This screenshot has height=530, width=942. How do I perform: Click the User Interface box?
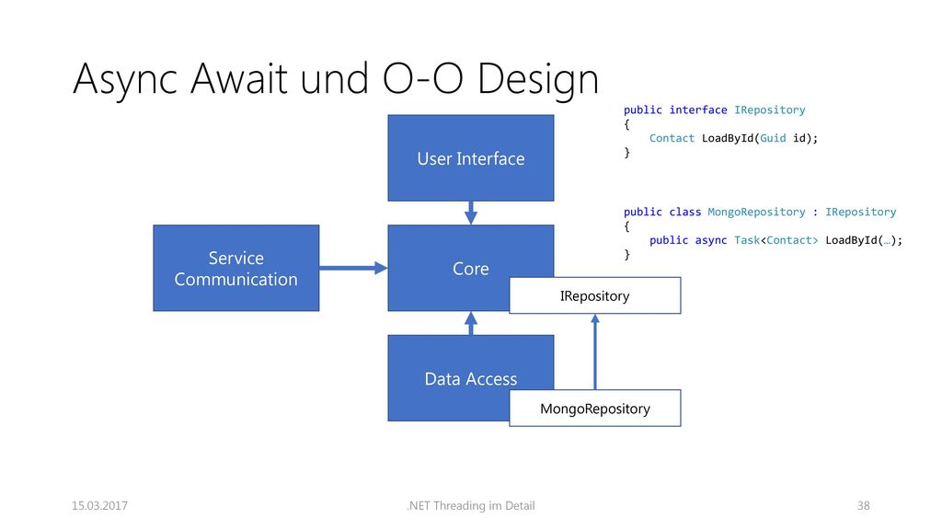point(470,158)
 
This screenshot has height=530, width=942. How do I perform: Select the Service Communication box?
point(236,268)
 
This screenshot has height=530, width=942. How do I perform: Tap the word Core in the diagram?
point(470,269)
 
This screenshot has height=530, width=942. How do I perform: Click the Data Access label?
point(470,378)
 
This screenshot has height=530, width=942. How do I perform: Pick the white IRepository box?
point(595,295)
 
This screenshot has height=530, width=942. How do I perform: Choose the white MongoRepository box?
point(595,409)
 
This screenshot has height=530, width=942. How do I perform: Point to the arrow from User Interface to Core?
point(471,213)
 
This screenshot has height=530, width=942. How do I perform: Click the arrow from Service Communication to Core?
point(353,268)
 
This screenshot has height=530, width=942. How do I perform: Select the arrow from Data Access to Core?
point(471,323)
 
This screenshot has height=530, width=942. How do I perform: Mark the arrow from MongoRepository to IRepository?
point(595,351)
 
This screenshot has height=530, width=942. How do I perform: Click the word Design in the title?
point(538,79)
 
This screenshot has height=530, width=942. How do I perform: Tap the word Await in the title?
point(239,78)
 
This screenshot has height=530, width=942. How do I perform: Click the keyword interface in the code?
point(698,110)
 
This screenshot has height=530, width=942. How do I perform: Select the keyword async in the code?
point(711,240)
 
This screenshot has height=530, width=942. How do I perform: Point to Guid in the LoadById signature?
point(773,138)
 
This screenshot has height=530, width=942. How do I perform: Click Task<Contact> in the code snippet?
point(775,240)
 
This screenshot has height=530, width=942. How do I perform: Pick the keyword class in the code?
point(684,213)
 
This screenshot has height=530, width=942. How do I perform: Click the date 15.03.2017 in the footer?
point(99,506)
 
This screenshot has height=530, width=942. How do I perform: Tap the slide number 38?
point(863,506)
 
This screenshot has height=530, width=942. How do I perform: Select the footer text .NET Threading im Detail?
point(470,506)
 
